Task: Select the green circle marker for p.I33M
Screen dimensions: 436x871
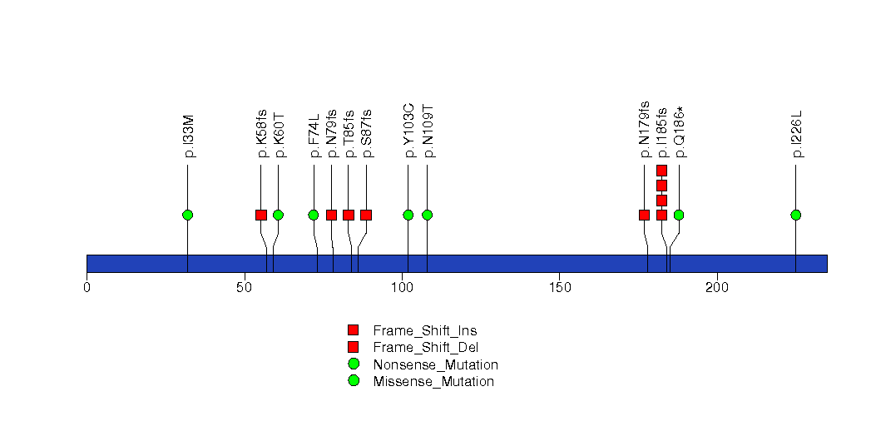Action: tap(187, 215)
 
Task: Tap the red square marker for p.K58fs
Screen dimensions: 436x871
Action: tap(260, 215)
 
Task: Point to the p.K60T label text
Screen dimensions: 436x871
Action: tap(279, 135)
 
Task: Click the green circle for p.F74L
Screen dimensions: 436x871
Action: tap(314, 215)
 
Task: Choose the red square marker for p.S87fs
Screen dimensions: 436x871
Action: tap(365, 215)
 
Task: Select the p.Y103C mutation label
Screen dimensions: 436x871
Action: tap(408, 131)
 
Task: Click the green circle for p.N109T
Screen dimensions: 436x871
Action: tap(427, 215)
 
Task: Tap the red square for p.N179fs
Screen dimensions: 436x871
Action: tap(644, 215)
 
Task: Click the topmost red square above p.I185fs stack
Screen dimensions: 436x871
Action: tap(661, 171)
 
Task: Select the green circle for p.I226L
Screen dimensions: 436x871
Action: tap(795, 215)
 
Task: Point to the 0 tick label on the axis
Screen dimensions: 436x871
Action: tap(87, 288)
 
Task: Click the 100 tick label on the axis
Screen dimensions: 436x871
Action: tap(402, 288)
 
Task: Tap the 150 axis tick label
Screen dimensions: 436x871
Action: tap(559, 288)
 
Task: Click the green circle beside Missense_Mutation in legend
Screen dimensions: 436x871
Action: tap(354, 381)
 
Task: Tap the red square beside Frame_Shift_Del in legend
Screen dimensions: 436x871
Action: tap(354, 347)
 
